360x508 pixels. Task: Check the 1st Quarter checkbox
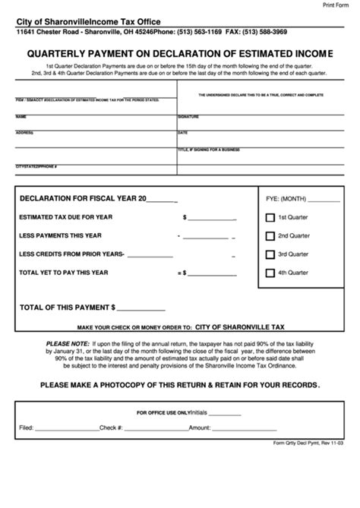pyautogui.click(x=269, y=217)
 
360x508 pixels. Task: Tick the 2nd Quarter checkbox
pyautogui.click(x=269, y=235)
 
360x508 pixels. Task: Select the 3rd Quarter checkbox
pyautogui.click(x=269, y=254)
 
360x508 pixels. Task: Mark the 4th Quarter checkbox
pyautogui.click(x=269, y=273)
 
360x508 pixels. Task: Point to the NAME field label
pyautogui.click(x=21, y=117)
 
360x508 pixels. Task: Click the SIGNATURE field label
pyautogui.click(x=188, y=117)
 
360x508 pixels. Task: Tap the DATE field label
pyautogui.click(x=182, y=133)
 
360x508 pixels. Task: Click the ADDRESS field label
pyautogui.click(x=24, y=133)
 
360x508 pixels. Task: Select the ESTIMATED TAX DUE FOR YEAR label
pyautogui.click(x=66, y=217)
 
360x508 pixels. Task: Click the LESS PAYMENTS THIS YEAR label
pyautogui.click(x=60, y=235)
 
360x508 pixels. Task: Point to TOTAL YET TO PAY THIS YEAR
pyautogui.click(x=64, y=272)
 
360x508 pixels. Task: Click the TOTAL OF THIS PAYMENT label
pyautogui.click(x=68, y=308)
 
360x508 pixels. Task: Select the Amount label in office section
pyautogui.click(x=200, y=428)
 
